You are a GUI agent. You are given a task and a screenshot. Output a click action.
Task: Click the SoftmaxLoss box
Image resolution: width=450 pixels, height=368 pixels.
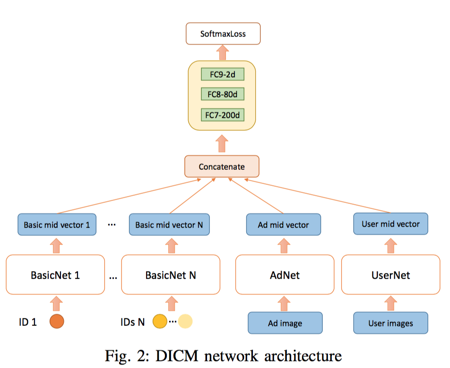click(x=223, y=34)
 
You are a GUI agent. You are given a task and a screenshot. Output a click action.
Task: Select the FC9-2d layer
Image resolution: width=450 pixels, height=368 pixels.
click(x=223, y=74)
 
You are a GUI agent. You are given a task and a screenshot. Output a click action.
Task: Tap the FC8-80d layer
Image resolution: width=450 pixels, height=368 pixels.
click(x=223, y=94)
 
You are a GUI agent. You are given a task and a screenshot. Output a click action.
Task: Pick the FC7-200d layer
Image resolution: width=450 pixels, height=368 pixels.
click(x=223, y=115)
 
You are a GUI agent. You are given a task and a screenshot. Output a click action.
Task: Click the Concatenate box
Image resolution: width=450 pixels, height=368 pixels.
click(x=222, y=166)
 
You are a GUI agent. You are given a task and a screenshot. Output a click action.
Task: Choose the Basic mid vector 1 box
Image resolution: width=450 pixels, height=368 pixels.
click(x=57, y=224)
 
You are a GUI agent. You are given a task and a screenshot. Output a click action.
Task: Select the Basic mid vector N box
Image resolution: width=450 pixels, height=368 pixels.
click(x=169, y=224)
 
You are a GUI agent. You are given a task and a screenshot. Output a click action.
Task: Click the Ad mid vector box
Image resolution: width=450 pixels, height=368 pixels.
click(x=284, y=224)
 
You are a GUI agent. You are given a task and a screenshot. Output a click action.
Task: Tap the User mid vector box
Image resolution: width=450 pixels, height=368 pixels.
click(x=390, y=224)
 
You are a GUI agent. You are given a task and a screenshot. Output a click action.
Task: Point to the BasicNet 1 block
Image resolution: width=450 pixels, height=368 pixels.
click(x=55, y=275)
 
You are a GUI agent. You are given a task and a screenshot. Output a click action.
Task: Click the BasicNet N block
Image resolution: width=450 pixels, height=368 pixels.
click(x=171, y=275)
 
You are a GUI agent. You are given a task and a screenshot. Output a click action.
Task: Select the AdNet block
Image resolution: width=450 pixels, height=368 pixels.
click(x=285, y=275)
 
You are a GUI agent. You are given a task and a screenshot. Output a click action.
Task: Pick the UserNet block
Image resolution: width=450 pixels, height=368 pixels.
click(x=390, y=275)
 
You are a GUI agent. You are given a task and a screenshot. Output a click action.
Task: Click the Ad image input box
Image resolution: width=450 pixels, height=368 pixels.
click(x=285, y=323)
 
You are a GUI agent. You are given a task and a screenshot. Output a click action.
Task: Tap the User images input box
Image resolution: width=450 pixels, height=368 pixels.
click(x=390, y=323)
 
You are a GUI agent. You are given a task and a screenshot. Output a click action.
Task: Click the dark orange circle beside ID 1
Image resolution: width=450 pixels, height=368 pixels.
click(x=57, y=321)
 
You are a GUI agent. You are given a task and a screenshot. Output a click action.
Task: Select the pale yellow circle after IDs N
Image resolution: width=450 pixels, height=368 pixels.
click(x=185, y=321)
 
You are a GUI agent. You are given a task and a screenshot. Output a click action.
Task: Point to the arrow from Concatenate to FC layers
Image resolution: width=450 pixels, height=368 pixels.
click(x=222, y=144)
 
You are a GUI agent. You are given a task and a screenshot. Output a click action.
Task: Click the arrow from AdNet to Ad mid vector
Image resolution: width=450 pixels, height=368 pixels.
click(x=284, y=245)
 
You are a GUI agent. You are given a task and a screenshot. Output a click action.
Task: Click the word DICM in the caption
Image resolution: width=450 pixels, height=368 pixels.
click(x=177, y=356)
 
